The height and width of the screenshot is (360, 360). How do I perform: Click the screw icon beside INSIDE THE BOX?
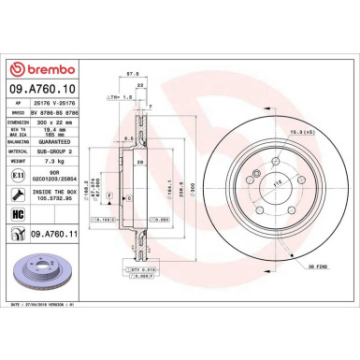[x=17, y=195]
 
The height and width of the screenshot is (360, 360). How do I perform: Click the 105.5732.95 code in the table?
[x=53, y=198]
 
